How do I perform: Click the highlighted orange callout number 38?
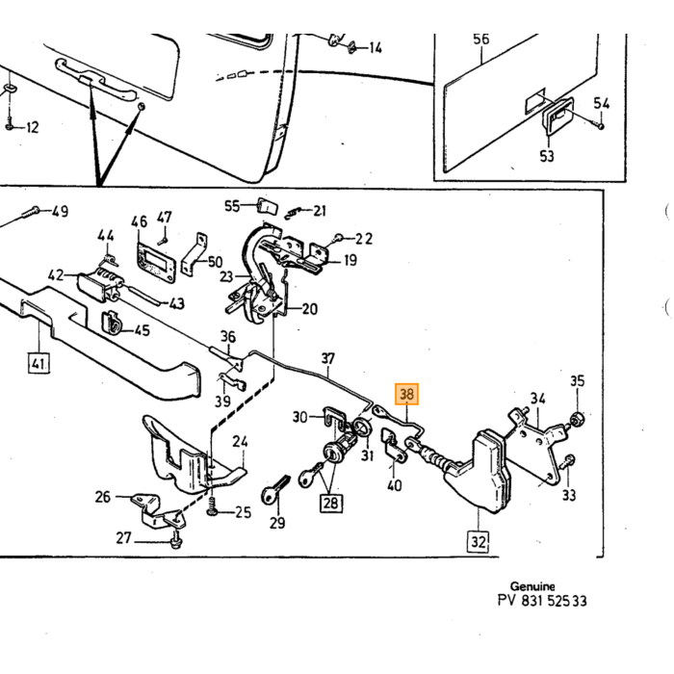click(406, 394)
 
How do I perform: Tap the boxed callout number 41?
click(39, 363)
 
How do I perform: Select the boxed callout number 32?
click(478, 541)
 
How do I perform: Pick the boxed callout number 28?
click(330, 503)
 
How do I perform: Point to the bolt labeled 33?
click(568, 462)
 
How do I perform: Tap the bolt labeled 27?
click(176, 539)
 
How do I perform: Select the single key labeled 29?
click(274, 489)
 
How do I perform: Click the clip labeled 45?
click(111, 323)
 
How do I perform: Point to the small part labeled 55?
click(267, 205)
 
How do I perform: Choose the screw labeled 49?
click(31, 212)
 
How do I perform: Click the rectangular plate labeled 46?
click(156, 261)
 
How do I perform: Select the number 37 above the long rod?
click(328, 358)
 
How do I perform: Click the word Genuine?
click(532, 586)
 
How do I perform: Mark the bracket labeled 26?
click(160, 511)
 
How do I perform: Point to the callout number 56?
click(481, 39)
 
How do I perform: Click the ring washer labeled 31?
click(362, 428)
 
